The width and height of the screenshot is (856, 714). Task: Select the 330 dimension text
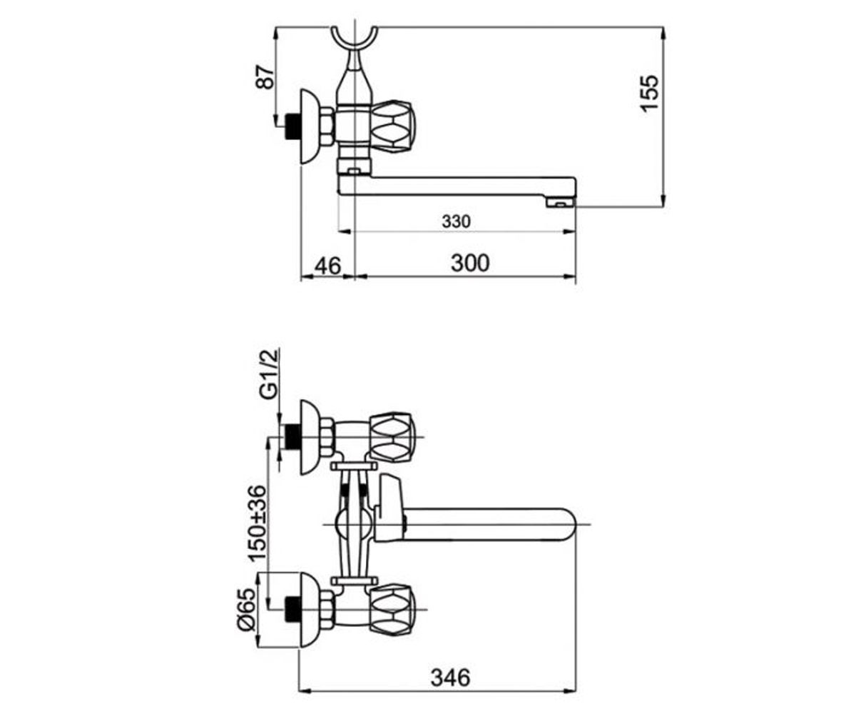point(457,221)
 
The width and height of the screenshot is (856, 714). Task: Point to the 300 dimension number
point(470,263)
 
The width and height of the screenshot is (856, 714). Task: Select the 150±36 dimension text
point(257,523)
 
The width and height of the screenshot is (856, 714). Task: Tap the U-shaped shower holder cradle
point(354,44)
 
